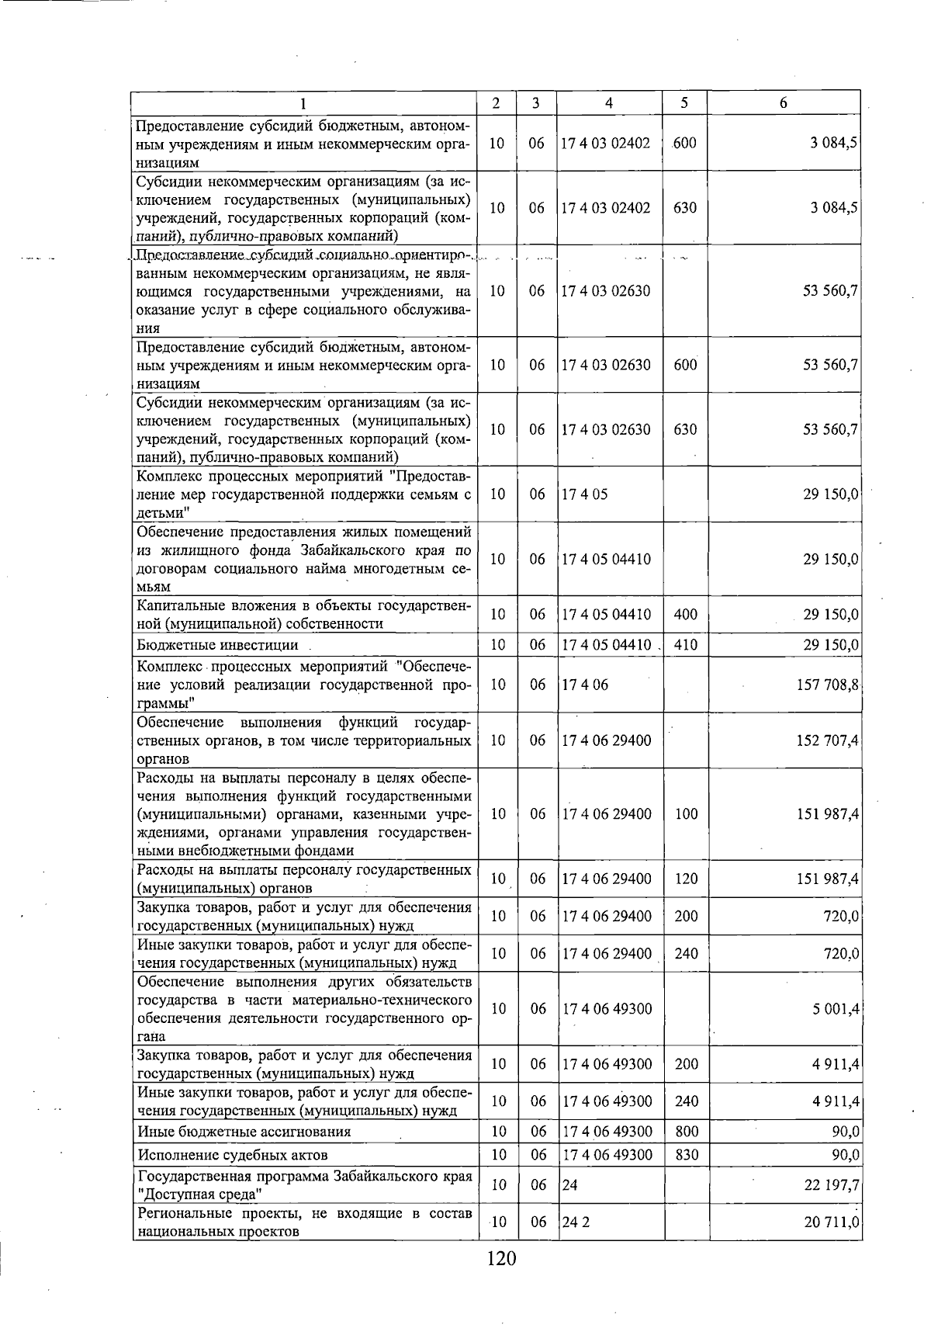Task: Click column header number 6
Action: pyautogui.click(x=784, y=103)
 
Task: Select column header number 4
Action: pyautogui.click(x=609, y=103)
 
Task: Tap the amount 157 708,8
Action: pyautogui.click(x=827, y=685)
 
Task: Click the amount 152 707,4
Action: pyautogui.click(x=827, y=740)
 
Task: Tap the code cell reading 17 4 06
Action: pyautogui.click(x=584, y=685)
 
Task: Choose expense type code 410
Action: pyautogui.click(x=686, y=645)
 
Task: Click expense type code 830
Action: pyautogui.click(x=687, y=1155)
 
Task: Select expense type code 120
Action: pyautogui.click(x=686, y=879)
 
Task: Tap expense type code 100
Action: pyautogui.click(x=686, y=814)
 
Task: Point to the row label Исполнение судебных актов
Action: pyautogui.click(x=232, y=1155)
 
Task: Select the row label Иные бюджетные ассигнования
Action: pyautogui.click(x=244, y=1132)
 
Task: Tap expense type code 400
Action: pyautogui.click(x=686, y=615)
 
